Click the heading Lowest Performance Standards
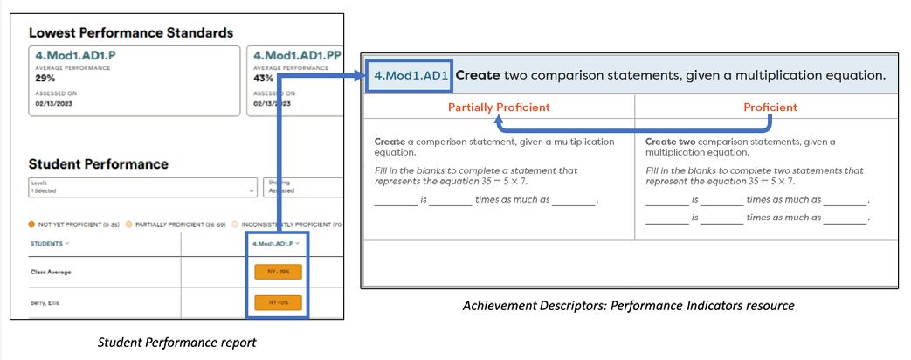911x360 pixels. [131, 32]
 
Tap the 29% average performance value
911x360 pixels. [43, 78]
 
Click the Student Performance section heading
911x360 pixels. [99, 163]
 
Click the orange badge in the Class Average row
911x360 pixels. [278, 272]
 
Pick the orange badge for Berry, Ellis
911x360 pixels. [278, 303]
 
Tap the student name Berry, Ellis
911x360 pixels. [46, 303]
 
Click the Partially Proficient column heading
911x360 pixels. [498, 107]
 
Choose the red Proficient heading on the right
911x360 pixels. [770, 107]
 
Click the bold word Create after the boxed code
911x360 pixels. [478, 76]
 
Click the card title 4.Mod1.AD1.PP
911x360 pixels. [295, 55]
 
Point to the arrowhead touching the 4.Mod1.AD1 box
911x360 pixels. [359, 76]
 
